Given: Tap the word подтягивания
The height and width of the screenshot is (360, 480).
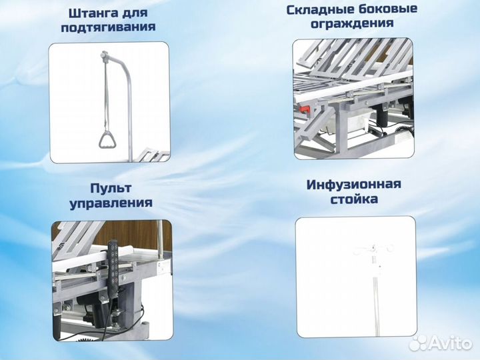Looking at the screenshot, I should pos(108,27).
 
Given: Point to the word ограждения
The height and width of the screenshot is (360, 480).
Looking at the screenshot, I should pos(353,24).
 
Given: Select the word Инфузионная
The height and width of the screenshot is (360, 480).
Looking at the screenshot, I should pos(354,183).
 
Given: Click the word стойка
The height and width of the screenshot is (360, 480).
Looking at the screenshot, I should pos(353,198).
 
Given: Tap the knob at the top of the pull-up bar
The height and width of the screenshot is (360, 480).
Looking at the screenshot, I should pos(104,54).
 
